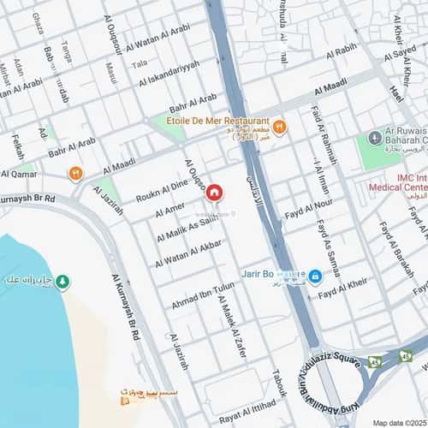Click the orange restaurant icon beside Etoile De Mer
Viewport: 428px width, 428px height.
(279, 128)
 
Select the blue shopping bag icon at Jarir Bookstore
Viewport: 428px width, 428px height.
(315, 276)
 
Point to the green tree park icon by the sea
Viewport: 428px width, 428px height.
(62, 281)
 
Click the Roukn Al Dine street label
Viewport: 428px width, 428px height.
(161, 190)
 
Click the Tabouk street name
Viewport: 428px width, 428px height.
(277, 387)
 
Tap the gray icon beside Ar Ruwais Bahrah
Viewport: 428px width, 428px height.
(374, 138)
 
